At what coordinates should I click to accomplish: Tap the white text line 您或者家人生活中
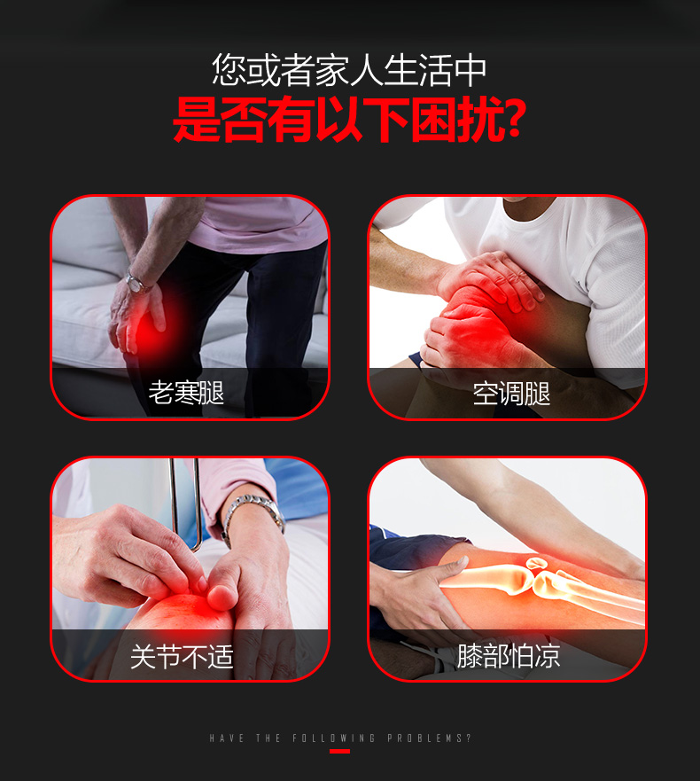click(x=349, y=70)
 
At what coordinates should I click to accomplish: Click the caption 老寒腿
click(x=186, y=393)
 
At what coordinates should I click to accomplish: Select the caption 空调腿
click(x=511, y=394)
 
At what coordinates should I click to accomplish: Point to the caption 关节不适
click(x=182, y=656)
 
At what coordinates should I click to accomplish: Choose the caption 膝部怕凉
click(x=509, y=655)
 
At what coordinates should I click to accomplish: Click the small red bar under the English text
click(x=339, y=751)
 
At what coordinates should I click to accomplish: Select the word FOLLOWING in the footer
click(x=333, y=738)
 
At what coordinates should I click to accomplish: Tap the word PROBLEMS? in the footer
click(x=429, y=738)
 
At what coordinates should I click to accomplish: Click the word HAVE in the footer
click(x=227, y=738)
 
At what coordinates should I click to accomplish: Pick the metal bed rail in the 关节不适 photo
click(x=185, y=503)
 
